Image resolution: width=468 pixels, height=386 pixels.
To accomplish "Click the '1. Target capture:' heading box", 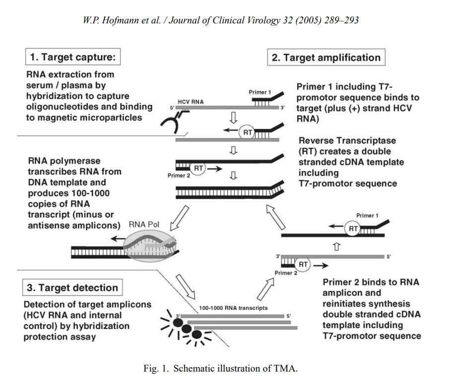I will tap(72, 57).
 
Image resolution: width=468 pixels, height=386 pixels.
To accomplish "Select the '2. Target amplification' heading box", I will tap(326, 57).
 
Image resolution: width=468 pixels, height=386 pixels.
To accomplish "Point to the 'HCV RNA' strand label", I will tap(191, 101).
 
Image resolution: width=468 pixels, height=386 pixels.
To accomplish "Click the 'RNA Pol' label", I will tap(143, 225).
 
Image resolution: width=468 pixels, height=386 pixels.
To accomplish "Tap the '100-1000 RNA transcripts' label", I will tap(233, 308).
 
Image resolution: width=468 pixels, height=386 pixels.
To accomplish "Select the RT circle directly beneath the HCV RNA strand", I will tap(247, 132).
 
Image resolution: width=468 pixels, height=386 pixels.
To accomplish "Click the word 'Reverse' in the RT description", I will tap(316, 141).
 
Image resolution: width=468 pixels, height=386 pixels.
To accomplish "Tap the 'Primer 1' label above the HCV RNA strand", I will tap(260, 92).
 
